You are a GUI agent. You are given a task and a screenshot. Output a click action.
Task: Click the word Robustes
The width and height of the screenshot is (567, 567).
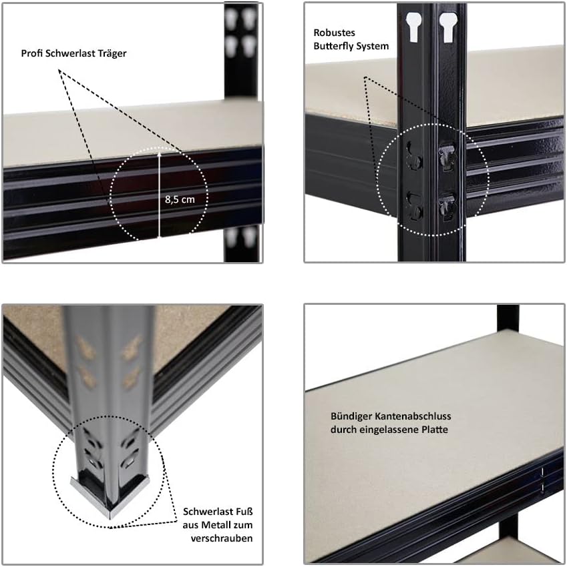click(334, 32)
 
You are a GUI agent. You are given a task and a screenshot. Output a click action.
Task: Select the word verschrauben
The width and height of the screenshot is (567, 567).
click(222, 538)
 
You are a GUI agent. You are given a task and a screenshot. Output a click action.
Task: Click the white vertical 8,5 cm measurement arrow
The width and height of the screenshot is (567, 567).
click(159, 193)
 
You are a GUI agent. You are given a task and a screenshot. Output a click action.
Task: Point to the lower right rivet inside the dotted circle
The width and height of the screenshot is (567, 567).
click(446, 206)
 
